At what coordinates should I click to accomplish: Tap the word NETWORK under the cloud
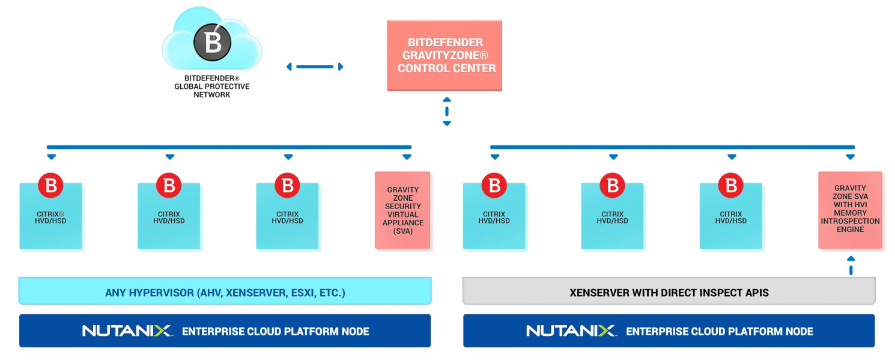tap(211, 95)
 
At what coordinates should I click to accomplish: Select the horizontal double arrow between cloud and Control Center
tap(315, 67)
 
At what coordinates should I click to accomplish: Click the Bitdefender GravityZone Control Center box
tap(444, 56)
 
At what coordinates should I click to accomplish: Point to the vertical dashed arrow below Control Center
tap(446, 111)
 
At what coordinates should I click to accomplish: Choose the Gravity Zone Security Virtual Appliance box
tap(403, 210)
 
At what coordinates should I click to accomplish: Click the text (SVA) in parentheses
tap(403, 231)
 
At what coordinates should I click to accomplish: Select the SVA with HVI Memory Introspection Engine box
tap(850, 210)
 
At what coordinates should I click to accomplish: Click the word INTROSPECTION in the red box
tap(850, 221)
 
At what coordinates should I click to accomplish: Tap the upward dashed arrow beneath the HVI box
tap(851, 265)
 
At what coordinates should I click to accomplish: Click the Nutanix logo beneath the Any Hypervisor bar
tap(127, 331)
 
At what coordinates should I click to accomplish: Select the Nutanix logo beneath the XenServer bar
tap(571, 331)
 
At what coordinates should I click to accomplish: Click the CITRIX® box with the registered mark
tap(51, 216)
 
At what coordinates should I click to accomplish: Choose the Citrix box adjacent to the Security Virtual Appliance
tap(288, 216)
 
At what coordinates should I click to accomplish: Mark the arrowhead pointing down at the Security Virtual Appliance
tap(407, 157)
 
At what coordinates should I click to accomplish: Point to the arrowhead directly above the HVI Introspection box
tap(850, 157)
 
